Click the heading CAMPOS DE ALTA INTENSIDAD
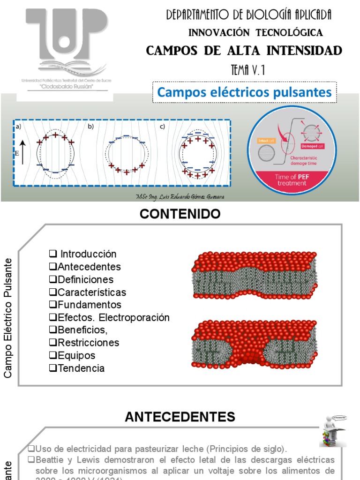[x=244, y=51]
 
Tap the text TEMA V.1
[x=248, y=70]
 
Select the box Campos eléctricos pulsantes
[x=244, y=92]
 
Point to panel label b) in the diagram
[x=91, y=127]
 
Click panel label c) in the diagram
[x=162, y=127]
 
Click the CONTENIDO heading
[x=180, y=215]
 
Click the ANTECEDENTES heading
[x=180, y=417]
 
